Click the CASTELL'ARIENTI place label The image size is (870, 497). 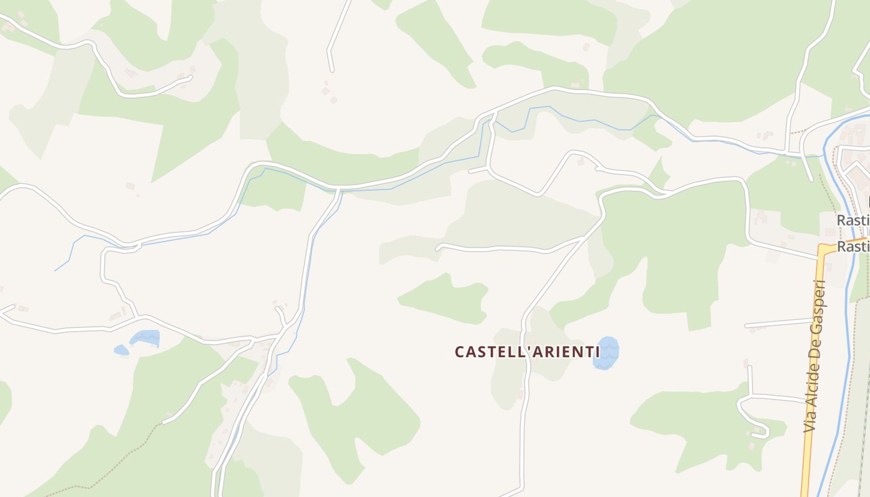coord(527,352)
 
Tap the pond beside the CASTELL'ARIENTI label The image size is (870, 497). coord(606,353)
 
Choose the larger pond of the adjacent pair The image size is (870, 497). coord(145,338)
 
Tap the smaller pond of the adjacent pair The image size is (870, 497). coord(121,350)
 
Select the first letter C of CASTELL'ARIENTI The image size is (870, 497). coord(460,352)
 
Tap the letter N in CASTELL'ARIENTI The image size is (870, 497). coord(577,352)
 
